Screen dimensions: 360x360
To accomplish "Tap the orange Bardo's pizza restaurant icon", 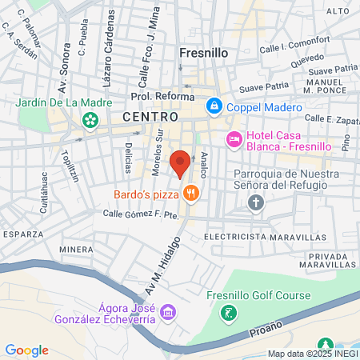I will point(190,192).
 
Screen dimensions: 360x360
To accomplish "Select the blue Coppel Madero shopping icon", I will point(214,106).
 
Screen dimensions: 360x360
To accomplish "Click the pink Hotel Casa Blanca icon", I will point(234,139).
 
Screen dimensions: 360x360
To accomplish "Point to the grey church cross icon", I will point(256,202).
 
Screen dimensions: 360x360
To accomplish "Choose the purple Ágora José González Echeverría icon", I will point(166,311).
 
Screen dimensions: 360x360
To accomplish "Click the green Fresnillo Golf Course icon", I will point(230,312).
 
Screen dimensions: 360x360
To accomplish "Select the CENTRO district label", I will point(146,117).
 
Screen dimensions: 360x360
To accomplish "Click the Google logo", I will point(26,350).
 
